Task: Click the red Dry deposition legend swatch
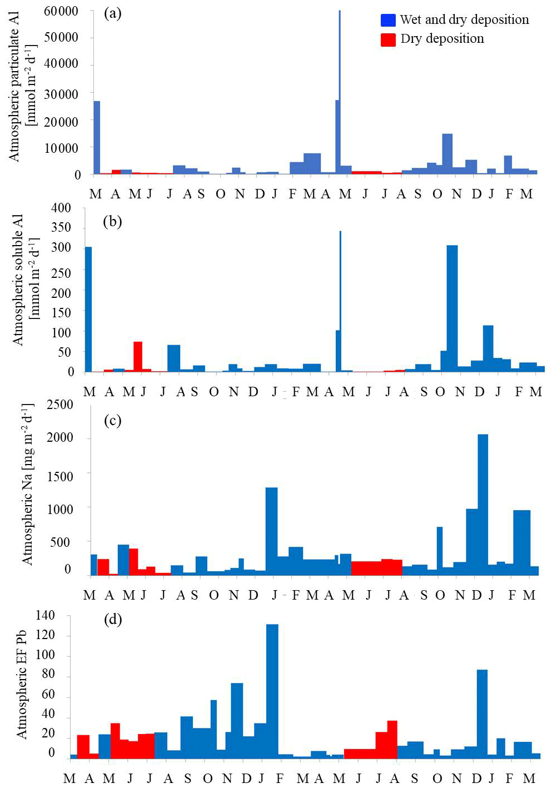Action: (x=388, y=39)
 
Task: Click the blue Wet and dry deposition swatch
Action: (x=388, y=20)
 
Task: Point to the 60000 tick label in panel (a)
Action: (x=61, y=12)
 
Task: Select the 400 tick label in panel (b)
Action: (x=61, y=208)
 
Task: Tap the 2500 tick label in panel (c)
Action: (x=60, y=405)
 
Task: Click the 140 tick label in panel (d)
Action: (x=45, y=615)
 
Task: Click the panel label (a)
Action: (x=113, y=13)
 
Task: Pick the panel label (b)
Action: (x=112, y=221)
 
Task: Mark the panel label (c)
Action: (x=113, y=420)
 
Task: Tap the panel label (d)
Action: (x=113, y=619)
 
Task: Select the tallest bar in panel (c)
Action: (x=483, y=500)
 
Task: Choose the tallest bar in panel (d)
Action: (x=272, y=689)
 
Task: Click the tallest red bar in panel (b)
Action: (x=138, y=356)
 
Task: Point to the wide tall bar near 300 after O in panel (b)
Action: (x=452, y=306)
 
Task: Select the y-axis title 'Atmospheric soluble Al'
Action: (x=18, y=280)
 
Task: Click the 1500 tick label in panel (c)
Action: (x=60, y=477)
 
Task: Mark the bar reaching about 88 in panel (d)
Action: (x=482, y=711)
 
